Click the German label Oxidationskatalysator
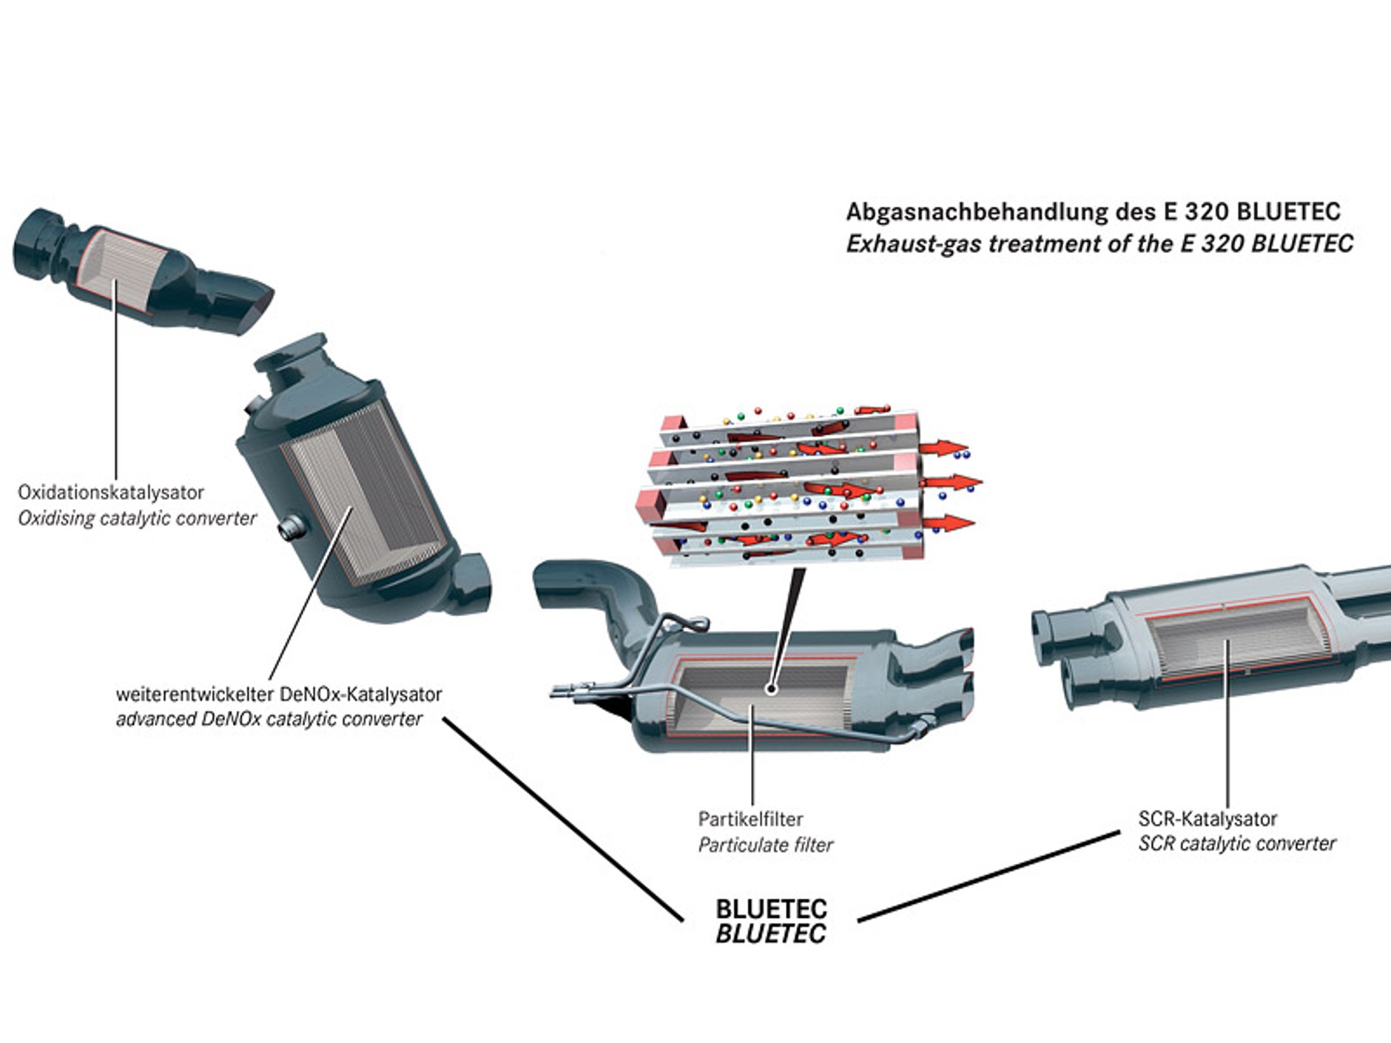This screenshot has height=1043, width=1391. pos(110,492)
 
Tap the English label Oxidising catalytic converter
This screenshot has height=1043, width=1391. pos(137,518)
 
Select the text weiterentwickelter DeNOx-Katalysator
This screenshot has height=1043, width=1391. pos(278,694)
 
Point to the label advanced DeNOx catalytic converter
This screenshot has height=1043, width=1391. pos(269,719)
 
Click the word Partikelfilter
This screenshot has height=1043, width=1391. pos(750,819)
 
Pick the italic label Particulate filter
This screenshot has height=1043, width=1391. pos(765,845)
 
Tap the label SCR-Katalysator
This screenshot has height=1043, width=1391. pos(1207,819)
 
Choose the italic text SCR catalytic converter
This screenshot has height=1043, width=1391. pos(1236,843)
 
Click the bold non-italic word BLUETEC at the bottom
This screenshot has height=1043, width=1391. pos(771,909)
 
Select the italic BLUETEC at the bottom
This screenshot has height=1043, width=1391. pos(771,934)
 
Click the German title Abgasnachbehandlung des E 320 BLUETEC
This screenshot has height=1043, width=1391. pos(1093,212)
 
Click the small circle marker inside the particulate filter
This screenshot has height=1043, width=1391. pos(771,689)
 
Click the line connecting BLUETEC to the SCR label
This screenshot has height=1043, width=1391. pos(988,877)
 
